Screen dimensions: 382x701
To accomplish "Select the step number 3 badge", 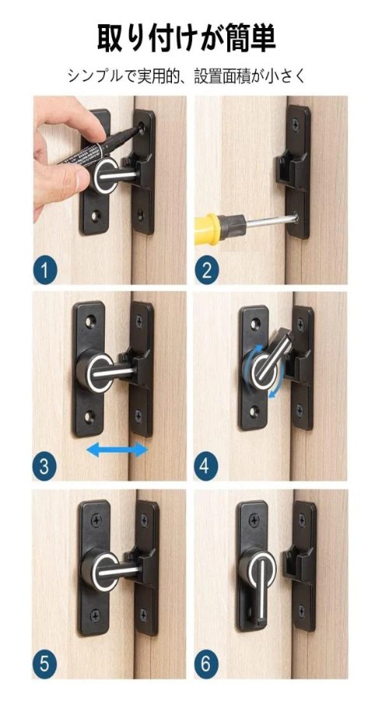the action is click(44, 467).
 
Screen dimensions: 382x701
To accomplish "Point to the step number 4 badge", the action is click(205, 467).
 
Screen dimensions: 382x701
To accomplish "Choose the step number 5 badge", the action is click(45, 664).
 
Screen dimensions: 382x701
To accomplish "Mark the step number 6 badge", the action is click(205, 664).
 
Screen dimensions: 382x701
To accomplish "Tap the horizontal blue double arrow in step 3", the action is click(117, 449).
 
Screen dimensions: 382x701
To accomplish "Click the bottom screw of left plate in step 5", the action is click(95, 615).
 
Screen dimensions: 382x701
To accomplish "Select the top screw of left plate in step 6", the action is click(254, 520).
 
